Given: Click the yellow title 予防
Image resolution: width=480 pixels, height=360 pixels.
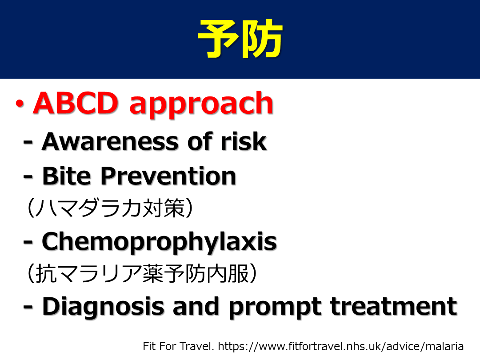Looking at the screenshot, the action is [x=240, y=39].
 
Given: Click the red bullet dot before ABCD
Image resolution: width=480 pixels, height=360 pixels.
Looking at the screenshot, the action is [x=20, y=104].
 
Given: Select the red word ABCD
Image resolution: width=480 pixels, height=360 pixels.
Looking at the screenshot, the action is [x=76, y=103].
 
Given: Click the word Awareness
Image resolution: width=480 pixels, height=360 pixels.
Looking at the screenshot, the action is [x=110, y=142].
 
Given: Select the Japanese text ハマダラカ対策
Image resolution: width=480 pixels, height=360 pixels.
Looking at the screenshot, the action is [x=110, y=208].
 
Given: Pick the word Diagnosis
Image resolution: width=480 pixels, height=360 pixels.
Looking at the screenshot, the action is [x=103, y=307].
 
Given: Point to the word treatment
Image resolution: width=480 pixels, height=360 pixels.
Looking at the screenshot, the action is [x=394, y=306].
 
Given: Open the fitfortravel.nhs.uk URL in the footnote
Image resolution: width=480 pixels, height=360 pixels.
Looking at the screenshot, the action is [x=341, y=346].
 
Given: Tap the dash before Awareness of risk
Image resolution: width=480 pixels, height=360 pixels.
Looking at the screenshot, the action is [x=28, y=143].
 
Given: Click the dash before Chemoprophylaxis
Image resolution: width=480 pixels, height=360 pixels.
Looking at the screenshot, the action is [x=28, y=242].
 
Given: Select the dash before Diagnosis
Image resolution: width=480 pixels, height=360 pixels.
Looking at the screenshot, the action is [x=28, y=307].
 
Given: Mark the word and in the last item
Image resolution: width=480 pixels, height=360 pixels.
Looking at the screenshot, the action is [x=196, y=306].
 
